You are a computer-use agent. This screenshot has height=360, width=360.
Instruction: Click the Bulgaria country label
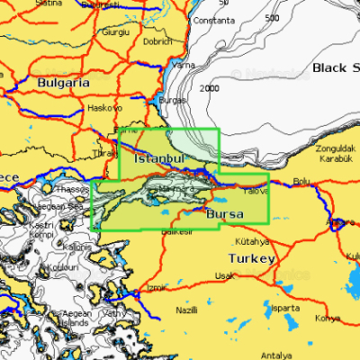63,82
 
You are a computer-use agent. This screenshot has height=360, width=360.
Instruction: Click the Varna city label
184,66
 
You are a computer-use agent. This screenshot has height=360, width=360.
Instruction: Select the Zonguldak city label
337,148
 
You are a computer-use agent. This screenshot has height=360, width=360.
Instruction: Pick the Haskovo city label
104,108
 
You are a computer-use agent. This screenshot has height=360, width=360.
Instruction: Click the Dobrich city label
157,41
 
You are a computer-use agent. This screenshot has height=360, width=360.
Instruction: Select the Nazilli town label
186,310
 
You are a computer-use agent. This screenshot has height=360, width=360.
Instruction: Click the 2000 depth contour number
210,88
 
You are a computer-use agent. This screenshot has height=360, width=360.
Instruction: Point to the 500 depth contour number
273,18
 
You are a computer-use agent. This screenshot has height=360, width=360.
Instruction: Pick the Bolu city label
302,181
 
